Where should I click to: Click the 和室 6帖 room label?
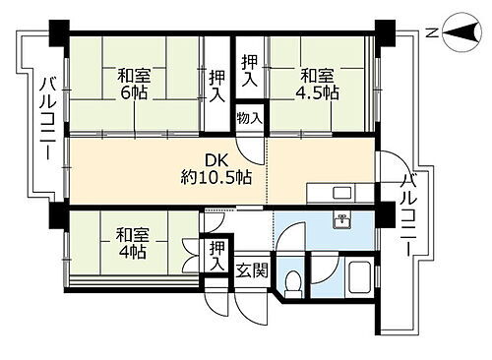[136, 82]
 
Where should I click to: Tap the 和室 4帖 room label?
[132, 244]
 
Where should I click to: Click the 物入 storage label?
[250, 118]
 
